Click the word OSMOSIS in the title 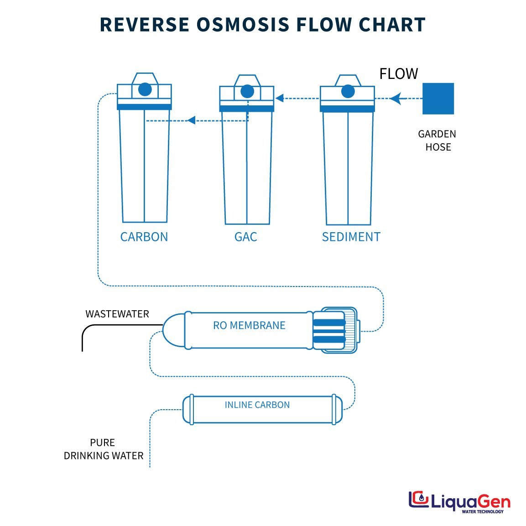click(x=243, y=25)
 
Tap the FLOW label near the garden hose click(x=398, y=74)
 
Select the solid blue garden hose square click(x=438, y=99)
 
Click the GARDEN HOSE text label click(x=437, y=141)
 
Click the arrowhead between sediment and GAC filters click(x=280, y=98)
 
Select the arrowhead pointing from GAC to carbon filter click(x=192, y=120)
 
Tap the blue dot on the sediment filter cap click(x=348, y=91)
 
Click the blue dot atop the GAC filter click(x=247, y=91)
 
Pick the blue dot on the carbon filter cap click(x=145, y=89)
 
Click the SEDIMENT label click(x=351, y=237)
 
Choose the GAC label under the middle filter click(x=245, y=237)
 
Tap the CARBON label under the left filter click(x=144, y=237)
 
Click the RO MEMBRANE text click(x=249, y=326)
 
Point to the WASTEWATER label click(x=117, y=314)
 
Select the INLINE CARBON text click(x=257, y=405)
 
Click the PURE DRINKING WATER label click(x=104, y=449)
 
